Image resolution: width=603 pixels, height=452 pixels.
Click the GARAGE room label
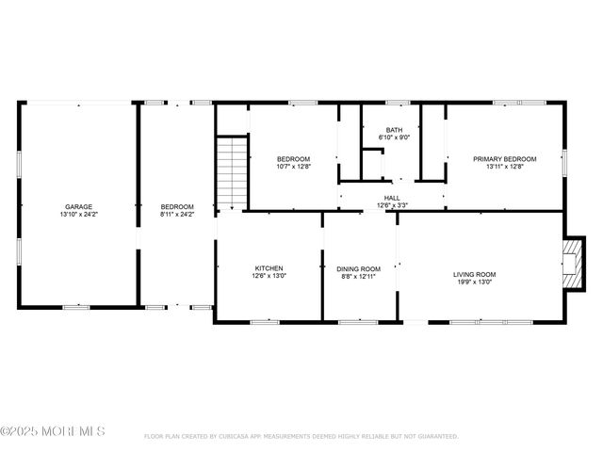click(x=78, y=206)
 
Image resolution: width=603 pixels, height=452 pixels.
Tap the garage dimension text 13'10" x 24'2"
click(x=78, y=214)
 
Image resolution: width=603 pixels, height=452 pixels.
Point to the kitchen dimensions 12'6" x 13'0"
click(x=269, y=276)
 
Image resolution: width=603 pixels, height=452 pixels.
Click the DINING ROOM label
click(x=359, y=268)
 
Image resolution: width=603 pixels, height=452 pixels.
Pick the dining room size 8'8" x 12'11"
click(x=359, y=276)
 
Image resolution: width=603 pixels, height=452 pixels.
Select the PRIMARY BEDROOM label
click(x=504, y=159)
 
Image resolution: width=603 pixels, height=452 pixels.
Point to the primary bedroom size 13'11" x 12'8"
click(x=504, y=167)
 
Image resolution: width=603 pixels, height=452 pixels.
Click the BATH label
click(x=396, y=130)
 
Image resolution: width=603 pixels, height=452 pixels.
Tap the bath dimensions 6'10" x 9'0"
click(x=396, y=137)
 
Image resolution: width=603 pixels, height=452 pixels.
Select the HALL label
click(x=391, y=198)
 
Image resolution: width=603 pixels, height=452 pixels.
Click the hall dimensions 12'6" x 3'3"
click(x=391, y=205)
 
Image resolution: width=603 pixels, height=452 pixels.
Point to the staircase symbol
click(x=231, y=172)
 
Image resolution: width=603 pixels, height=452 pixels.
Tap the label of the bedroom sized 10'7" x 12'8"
click(x=293, y=159)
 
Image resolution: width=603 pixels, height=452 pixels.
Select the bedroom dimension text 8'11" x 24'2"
click(x=177, y=214)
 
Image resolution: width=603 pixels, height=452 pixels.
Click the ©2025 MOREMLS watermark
click(x=53, y=431)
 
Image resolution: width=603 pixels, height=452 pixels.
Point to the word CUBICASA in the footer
click(x=235, y=437)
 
